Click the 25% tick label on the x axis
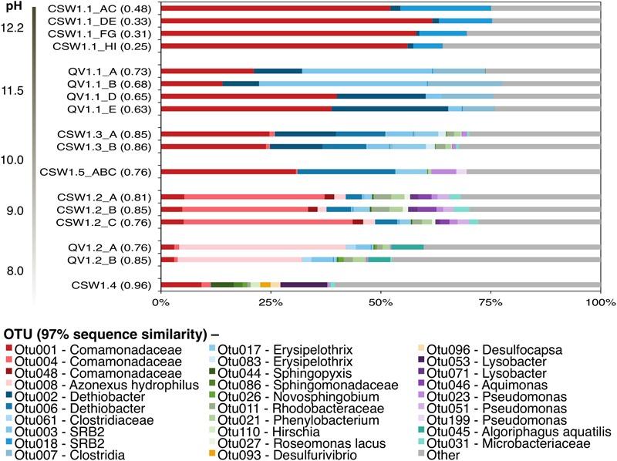[271, 303]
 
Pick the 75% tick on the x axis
[491, 303]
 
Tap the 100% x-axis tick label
[599, 303]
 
